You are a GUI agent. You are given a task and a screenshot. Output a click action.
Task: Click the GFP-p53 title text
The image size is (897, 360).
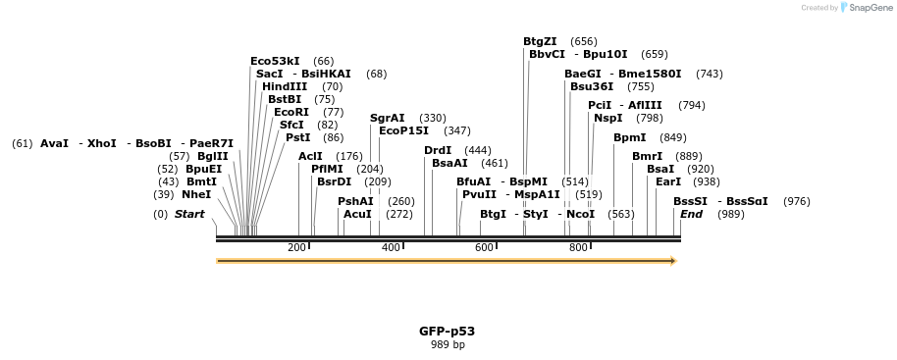coord(447,332)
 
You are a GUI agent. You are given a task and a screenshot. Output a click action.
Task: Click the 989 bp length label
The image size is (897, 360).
coord(447,345)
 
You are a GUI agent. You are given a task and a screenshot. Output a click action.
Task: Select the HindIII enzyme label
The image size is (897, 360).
coord(285,86)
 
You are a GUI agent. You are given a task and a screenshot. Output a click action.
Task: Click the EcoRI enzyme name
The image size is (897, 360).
coord(291,112)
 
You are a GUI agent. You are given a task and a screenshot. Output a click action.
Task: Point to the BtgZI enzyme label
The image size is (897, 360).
coord(540,41)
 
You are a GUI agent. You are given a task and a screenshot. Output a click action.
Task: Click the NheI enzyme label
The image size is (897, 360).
coord(196,194)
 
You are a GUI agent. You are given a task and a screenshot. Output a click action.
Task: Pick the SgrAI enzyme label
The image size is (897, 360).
coord(388,118)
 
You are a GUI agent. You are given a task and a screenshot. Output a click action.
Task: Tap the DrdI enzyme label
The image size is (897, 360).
coord(438,150)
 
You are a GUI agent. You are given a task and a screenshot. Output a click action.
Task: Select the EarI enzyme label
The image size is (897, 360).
coord(668,181)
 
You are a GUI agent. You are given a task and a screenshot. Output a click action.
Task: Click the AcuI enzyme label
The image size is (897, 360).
coord(357,214)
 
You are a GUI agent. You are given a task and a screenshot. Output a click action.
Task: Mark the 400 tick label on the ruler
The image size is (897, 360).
coord(391,247)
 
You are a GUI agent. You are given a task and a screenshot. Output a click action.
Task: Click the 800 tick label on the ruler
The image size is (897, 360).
coord(578,247)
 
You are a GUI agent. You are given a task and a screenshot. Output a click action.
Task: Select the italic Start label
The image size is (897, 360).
coord(189,214)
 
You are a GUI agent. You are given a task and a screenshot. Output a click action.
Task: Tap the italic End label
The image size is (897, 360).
coord(691,214)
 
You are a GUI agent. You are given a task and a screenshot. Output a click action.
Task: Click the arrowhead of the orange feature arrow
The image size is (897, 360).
coord(672,261)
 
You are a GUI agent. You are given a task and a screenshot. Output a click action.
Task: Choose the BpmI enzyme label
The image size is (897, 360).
coord(630,137)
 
